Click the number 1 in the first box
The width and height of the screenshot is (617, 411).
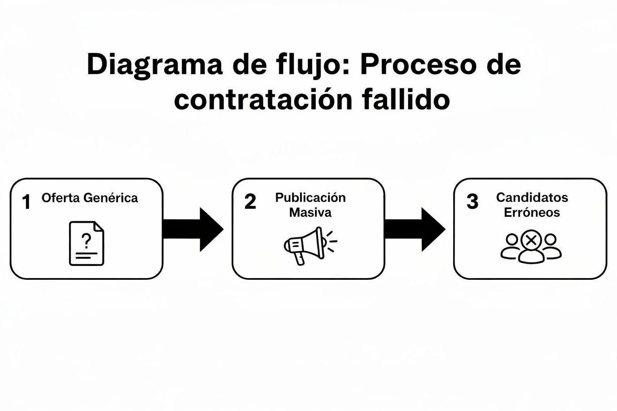point(27,202)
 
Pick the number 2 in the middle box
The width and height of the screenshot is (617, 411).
point(250,201)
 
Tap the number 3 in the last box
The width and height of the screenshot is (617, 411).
point(472,201)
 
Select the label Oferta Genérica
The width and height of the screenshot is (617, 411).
point(90,198)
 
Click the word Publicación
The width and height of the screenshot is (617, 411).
point(310,197)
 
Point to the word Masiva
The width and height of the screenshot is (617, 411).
point(310,212)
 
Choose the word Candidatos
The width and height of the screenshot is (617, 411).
point(532,197)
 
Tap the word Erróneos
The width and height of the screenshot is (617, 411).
point(532,212)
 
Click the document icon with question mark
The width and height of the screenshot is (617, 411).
point(86,243)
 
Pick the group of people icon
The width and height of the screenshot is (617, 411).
point(531,247)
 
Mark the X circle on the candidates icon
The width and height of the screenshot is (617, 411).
point(531,241)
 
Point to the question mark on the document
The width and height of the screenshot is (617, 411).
point(86,240)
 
